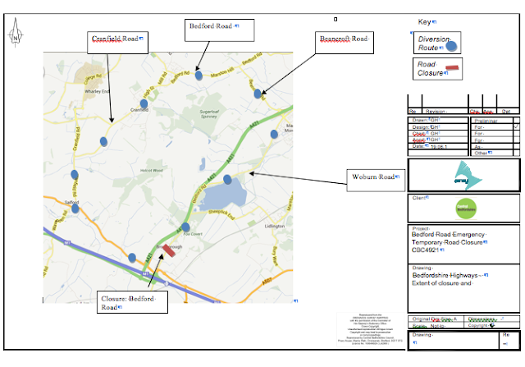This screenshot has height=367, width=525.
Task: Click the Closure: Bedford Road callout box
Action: (x=131, y=302)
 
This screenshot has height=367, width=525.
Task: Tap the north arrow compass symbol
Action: (x=16, y=37)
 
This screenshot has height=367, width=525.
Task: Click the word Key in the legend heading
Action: (x=424, y=21)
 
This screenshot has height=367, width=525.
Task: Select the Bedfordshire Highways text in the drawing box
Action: (x=447, y=274)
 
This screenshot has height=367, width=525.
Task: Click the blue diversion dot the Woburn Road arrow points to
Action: (x=228, y=179)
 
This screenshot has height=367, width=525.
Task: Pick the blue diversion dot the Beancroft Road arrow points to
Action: (x=258, y=94)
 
